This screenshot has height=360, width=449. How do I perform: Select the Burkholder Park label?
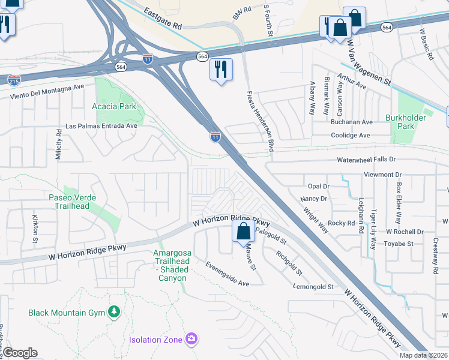click(417, 122)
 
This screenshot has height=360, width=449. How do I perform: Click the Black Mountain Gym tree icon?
click(113, 312)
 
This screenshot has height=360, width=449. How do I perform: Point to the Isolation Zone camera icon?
click(191, 340)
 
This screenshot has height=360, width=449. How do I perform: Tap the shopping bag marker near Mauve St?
click(243, 231)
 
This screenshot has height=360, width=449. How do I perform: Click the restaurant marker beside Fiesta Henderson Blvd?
click(220, 70)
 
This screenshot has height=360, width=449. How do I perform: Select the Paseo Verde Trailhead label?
click(72, 202)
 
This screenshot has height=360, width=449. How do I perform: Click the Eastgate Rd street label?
click(162, 19)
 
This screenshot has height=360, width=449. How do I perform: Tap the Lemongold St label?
click(313, 287)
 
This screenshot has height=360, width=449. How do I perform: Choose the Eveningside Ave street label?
click(227, 274)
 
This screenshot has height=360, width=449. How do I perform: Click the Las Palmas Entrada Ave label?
click(101, 126)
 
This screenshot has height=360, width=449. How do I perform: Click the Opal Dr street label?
click(318, 187)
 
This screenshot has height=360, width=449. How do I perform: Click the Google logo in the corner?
click(20, 353)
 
